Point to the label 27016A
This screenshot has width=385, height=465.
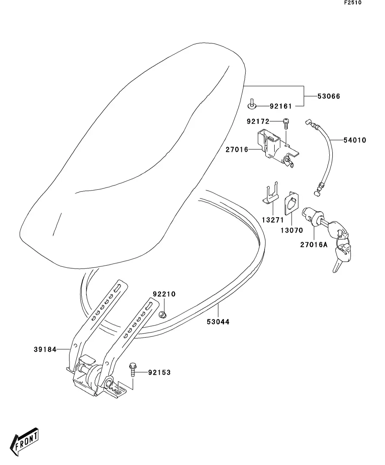coord(314,245)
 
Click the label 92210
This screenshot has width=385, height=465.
coord(164,294)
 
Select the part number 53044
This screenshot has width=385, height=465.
coord(218,322)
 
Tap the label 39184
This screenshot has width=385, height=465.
coord(45,349)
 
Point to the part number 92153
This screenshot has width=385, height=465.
coord(159,373)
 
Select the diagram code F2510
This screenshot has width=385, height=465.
coord(353,3)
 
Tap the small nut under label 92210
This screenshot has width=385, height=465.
coord(162,314)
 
